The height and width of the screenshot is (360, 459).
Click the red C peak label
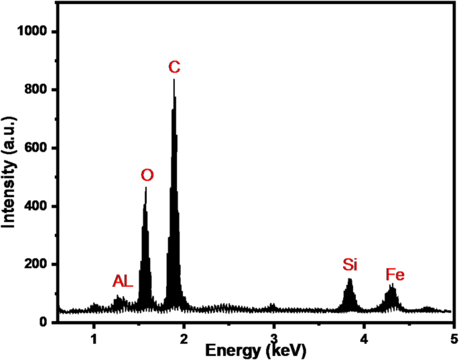click(174, 67)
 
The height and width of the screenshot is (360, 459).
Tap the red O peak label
click(147, 176)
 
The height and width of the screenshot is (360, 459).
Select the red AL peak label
click(124, 282)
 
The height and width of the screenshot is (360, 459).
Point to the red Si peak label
click(350, 265)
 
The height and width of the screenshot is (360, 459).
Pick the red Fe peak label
click(395, 275)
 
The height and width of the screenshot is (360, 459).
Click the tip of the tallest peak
click(174, 80)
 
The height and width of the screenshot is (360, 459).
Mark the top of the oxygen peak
click(146, 188)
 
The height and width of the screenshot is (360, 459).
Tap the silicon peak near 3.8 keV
click(349, 280)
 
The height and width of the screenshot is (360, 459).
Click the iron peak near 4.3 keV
click(393, 286)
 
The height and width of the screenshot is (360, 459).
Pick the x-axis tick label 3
click(274, 335)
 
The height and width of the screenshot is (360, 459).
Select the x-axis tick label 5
click(454, 335)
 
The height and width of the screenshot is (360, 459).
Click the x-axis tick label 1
click(94, 335)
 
